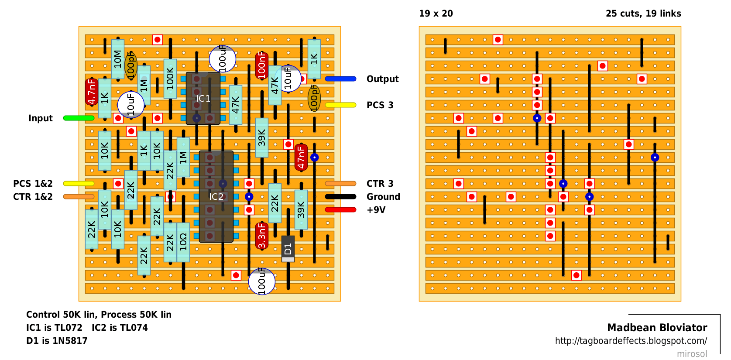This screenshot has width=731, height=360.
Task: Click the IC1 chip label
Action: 203,98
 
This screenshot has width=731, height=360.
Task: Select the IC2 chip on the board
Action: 216,196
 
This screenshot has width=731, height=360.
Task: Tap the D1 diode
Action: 288,249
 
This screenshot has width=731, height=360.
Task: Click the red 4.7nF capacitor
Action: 92,92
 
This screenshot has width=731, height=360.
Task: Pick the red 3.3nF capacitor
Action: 262,236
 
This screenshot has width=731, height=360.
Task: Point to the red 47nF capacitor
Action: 301,158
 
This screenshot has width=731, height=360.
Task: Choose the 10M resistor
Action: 118,59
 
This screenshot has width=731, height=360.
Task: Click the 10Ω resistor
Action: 183,242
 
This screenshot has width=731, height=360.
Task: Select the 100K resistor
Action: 170,79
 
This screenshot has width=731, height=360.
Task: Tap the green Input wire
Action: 79,118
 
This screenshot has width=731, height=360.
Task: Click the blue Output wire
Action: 341,79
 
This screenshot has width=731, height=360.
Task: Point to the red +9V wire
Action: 341,209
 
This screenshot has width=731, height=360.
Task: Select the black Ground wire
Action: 341,196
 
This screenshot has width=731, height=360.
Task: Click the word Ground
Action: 383,197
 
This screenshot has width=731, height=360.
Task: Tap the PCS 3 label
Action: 380,105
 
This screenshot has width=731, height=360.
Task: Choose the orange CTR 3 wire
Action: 341,183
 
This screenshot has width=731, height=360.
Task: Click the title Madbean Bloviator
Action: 657,327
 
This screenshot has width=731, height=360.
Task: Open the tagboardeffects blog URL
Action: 631,341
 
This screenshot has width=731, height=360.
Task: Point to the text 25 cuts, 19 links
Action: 643,14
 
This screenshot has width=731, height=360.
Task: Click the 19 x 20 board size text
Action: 436,14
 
